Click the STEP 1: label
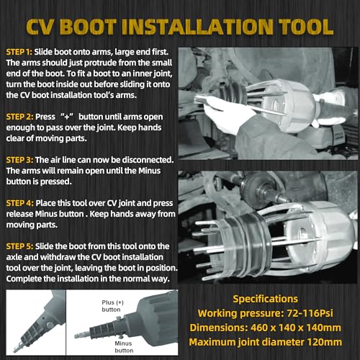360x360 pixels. [19, 52]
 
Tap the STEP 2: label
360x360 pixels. [19, 117]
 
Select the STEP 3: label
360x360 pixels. [19, 160]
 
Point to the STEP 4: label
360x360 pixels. [20, 203]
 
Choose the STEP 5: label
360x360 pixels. [19, 246]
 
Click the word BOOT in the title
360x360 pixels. [88, 27]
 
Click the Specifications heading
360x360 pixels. [265, 299]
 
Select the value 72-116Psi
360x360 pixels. [310, 313]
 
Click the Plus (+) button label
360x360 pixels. [112, 306]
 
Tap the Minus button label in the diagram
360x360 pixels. [124, 347]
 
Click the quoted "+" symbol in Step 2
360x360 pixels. [67, 117]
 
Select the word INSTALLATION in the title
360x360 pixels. [197, 27]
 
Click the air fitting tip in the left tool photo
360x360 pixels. [17, 347]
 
